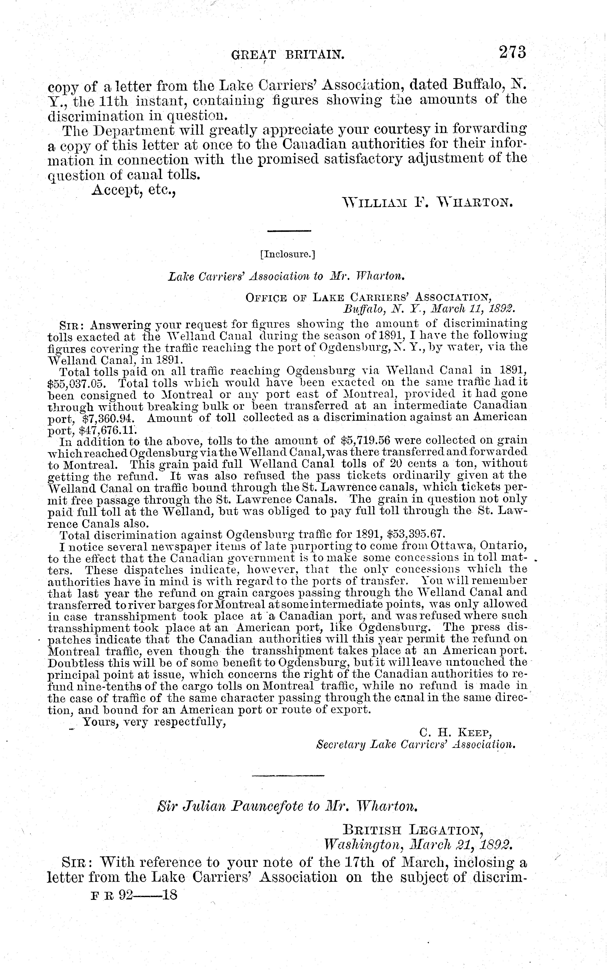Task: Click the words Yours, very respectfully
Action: (154, 722)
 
